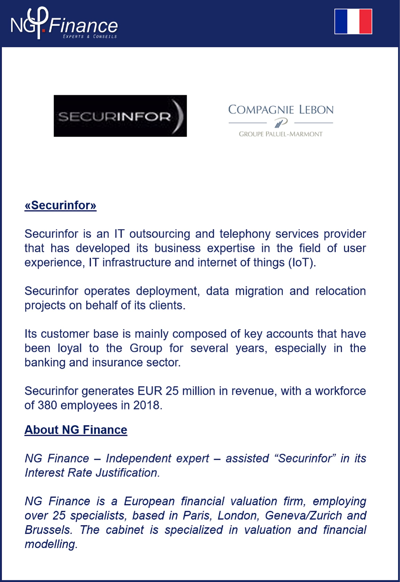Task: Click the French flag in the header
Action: pyautogui.click(x=353, y=21)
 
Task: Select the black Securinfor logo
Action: pyautogui.click(x=120, y=116)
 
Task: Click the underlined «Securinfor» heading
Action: pyautogui.click(x=60, y=205)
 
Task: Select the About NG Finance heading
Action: pyautogui.click(x=76, y=430)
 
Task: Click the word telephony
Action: pyautogui.click(x=245, y=234)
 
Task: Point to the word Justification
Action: pyautogui.click(x=128, y=473)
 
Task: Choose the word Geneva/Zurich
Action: pyautogui.click(x=303, y=515)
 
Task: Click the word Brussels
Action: pyautogui.click(x=49, y=530)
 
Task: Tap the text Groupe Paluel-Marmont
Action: pyautogui.click(x=280, y=134)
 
